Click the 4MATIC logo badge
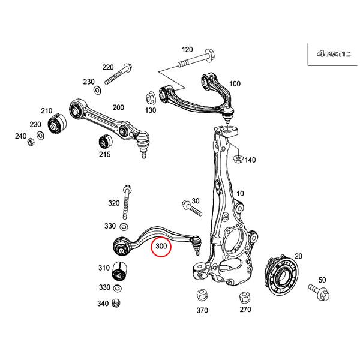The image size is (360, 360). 330,53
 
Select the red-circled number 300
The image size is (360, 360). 161,246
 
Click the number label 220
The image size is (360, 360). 108,67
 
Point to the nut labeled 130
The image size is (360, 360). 151,95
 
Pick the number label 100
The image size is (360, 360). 235,83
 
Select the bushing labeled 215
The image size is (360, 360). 106,143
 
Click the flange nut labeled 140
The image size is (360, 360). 236,159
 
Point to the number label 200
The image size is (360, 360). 118,107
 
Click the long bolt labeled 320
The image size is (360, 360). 127,203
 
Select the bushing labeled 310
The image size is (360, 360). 122,271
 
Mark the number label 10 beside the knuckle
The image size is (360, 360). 240,194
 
